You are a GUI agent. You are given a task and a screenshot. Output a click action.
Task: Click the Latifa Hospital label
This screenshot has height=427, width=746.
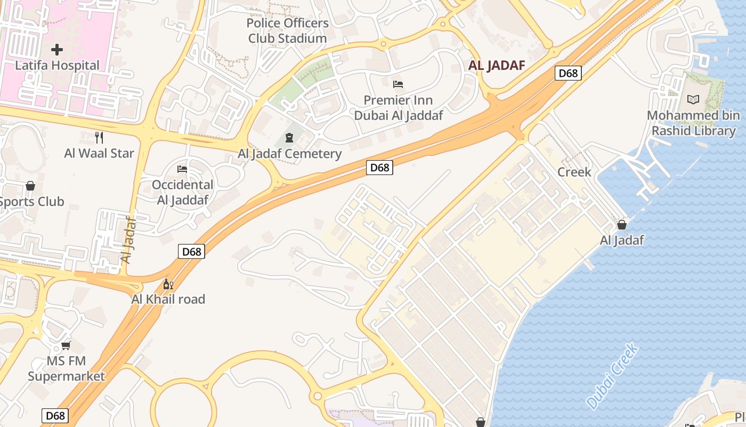pos(57,65)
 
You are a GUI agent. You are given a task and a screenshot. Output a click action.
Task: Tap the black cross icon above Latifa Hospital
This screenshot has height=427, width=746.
pos(57,50)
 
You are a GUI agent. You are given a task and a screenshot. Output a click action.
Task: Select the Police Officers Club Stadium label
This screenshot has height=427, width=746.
pos(287,31)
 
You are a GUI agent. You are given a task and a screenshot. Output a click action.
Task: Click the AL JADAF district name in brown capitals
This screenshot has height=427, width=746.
pos(497,66)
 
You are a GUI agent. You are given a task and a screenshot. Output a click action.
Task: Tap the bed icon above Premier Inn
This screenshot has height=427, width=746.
pos(398,84)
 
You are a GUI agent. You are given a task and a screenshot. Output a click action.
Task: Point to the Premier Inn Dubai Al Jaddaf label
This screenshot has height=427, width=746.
pos(399,108)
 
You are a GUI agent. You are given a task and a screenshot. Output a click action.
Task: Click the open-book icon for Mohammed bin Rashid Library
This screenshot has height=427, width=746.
pos(693,99)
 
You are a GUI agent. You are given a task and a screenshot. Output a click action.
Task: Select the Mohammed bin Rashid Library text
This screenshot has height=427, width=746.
pos(693,123)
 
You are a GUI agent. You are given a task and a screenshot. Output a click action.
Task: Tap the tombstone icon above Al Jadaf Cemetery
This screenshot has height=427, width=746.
pos(289,138)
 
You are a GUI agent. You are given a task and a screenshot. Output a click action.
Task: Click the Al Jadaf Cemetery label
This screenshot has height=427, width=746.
pos(289,154)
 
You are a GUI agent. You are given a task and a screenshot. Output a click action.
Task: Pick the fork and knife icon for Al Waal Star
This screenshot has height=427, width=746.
pos(99,138)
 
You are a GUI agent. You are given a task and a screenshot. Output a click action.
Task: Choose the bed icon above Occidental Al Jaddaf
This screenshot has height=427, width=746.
pos(182,169)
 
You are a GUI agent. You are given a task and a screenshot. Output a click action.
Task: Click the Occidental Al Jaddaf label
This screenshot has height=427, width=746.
pos(182,192)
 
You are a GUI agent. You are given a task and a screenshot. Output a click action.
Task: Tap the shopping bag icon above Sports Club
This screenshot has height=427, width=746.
pos(30,186)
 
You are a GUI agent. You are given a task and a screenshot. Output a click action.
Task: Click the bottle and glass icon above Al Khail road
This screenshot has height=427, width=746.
pos(168,284)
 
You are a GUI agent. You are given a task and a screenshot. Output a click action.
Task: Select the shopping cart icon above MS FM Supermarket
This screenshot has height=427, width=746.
pos(66,346)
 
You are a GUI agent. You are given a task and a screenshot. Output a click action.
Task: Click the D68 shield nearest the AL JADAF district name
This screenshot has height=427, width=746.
pos(568,73)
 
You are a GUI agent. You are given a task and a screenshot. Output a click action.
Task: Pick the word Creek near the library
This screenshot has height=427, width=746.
pos(574,172)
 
